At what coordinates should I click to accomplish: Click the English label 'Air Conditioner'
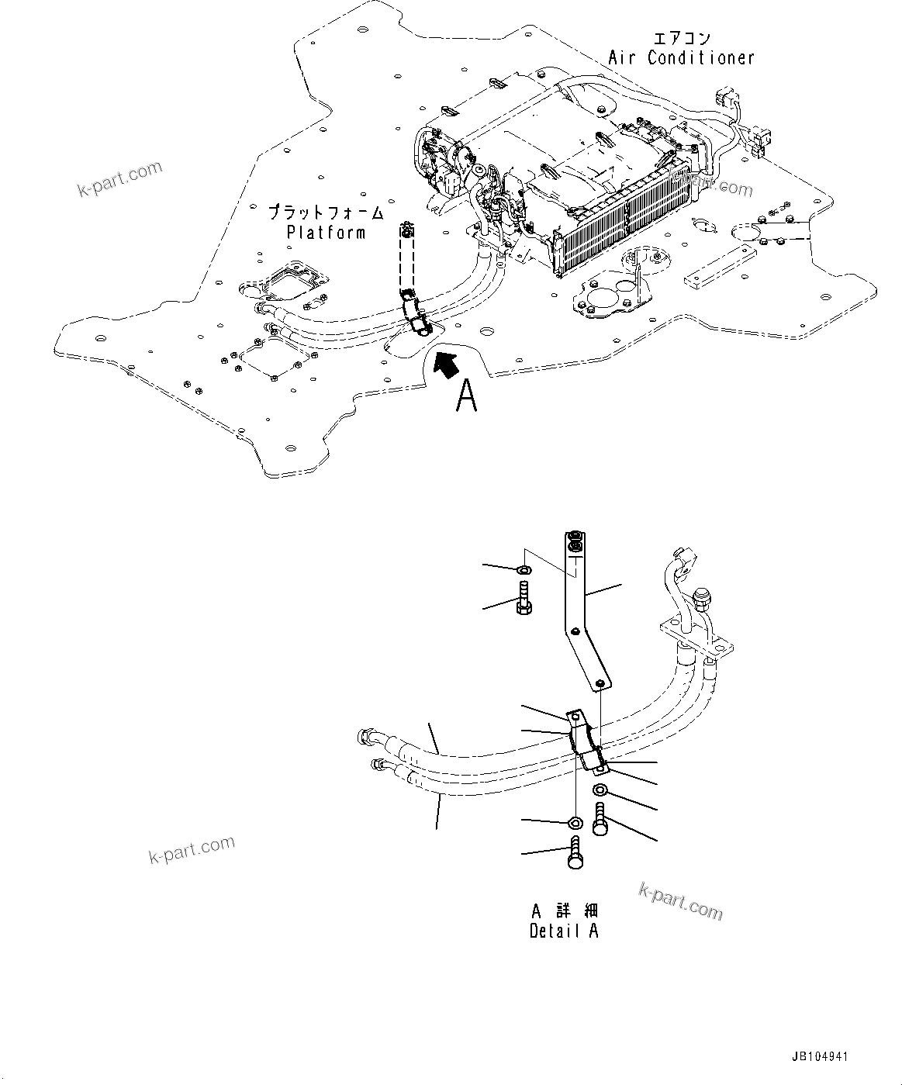[680, 57]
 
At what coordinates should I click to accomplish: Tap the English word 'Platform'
[326, 232]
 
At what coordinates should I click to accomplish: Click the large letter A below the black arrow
[465, 395]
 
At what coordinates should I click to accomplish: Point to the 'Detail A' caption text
[564, 931]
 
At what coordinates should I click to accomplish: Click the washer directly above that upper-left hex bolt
[524, 571]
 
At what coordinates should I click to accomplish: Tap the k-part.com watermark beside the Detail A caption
[680, 901]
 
